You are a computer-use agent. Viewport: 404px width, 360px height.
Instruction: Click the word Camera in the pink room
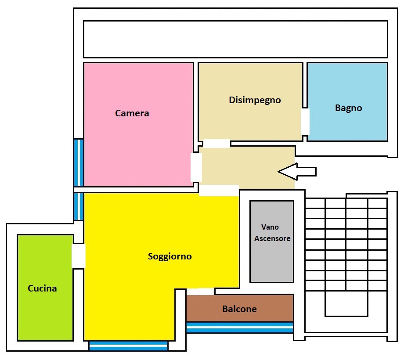[132, 113]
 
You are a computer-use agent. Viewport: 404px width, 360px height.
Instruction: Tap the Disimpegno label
[255, 100]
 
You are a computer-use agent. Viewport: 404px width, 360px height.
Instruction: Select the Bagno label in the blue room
[348, 108]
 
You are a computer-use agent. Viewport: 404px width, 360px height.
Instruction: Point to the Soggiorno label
[170, 256]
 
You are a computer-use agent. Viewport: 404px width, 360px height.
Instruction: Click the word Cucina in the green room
[42, 288]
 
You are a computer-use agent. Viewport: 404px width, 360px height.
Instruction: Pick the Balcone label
[239, 309]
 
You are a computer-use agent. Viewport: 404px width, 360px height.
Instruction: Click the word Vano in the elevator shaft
[270, 227]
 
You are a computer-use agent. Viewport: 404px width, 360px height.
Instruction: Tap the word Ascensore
[272, 238]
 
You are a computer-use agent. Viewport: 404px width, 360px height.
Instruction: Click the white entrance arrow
[297, 172]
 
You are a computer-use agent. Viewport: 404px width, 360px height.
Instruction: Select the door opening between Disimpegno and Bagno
[305, 122]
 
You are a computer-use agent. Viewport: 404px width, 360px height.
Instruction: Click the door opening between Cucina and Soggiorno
[78, 256]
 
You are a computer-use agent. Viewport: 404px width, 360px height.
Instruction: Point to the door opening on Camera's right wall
[196, 167]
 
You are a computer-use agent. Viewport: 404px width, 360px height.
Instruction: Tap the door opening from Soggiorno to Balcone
[200, 292]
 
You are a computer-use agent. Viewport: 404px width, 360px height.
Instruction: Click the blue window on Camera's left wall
[79, 163]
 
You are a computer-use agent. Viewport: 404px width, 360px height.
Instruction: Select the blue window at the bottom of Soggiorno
[128, 346]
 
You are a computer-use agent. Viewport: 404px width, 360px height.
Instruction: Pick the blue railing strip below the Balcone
[240, 328]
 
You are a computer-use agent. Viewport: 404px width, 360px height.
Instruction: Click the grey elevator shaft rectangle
[272, 241]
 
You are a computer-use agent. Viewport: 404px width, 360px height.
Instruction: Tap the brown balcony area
[240, 308]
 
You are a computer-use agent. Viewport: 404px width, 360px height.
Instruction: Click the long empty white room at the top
[235, 39]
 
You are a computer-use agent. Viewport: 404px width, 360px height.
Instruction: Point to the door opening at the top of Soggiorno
[219, 190]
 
